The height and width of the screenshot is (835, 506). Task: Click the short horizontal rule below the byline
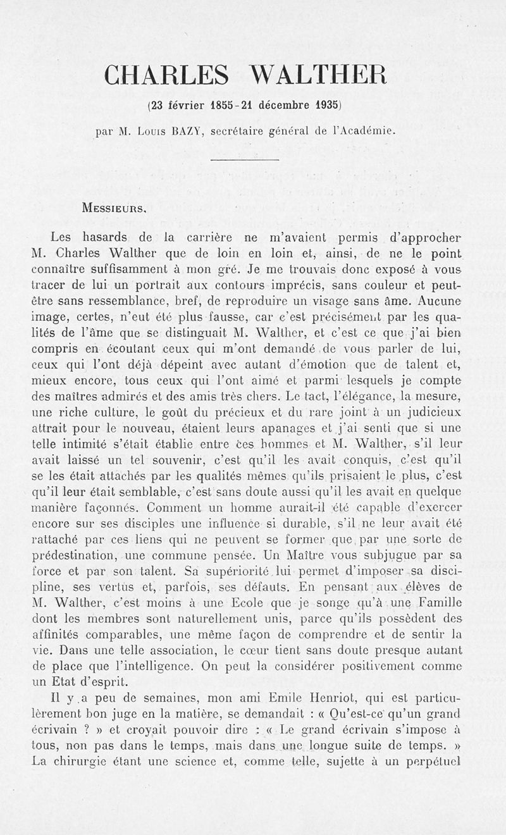point(244,159)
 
